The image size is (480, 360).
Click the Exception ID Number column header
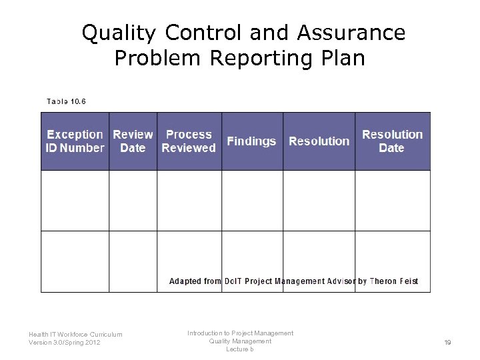coord(75,141)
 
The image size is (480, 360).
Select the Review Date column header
coord(133,141)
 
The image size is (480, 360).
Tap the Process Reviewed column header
coord(189,141)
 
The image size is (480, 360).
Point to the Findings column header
coord(251,141)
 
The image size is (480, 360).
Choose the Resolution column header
coord(319,141)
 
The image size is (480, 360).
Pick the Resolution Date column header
coord(392,141)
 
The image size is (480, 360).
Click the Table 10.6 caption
coord(66,101)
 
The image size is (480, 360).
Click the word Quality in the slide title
coord(119,33)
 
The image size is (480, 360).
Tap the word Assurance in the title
coord(351,33)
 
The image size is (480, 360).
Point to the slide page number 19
coord(447,343)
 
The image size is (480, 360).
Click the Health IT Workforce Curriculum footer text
coord(75,335)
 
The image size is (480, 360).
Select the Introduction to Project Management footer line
coord(240,333)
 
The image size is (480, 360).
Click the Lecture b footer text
coord(240,349)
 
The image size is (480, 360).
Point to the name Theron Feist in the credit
coord(393,281)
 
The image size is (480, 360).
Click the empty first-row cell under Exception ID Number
coord(75,201)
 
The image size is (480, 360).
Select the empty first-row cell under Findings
coord(251,201)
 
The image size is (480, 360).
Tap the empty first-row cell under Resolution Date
coord(392,201)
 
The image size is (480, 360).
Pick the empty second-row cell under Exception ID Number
coord(75,261)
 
